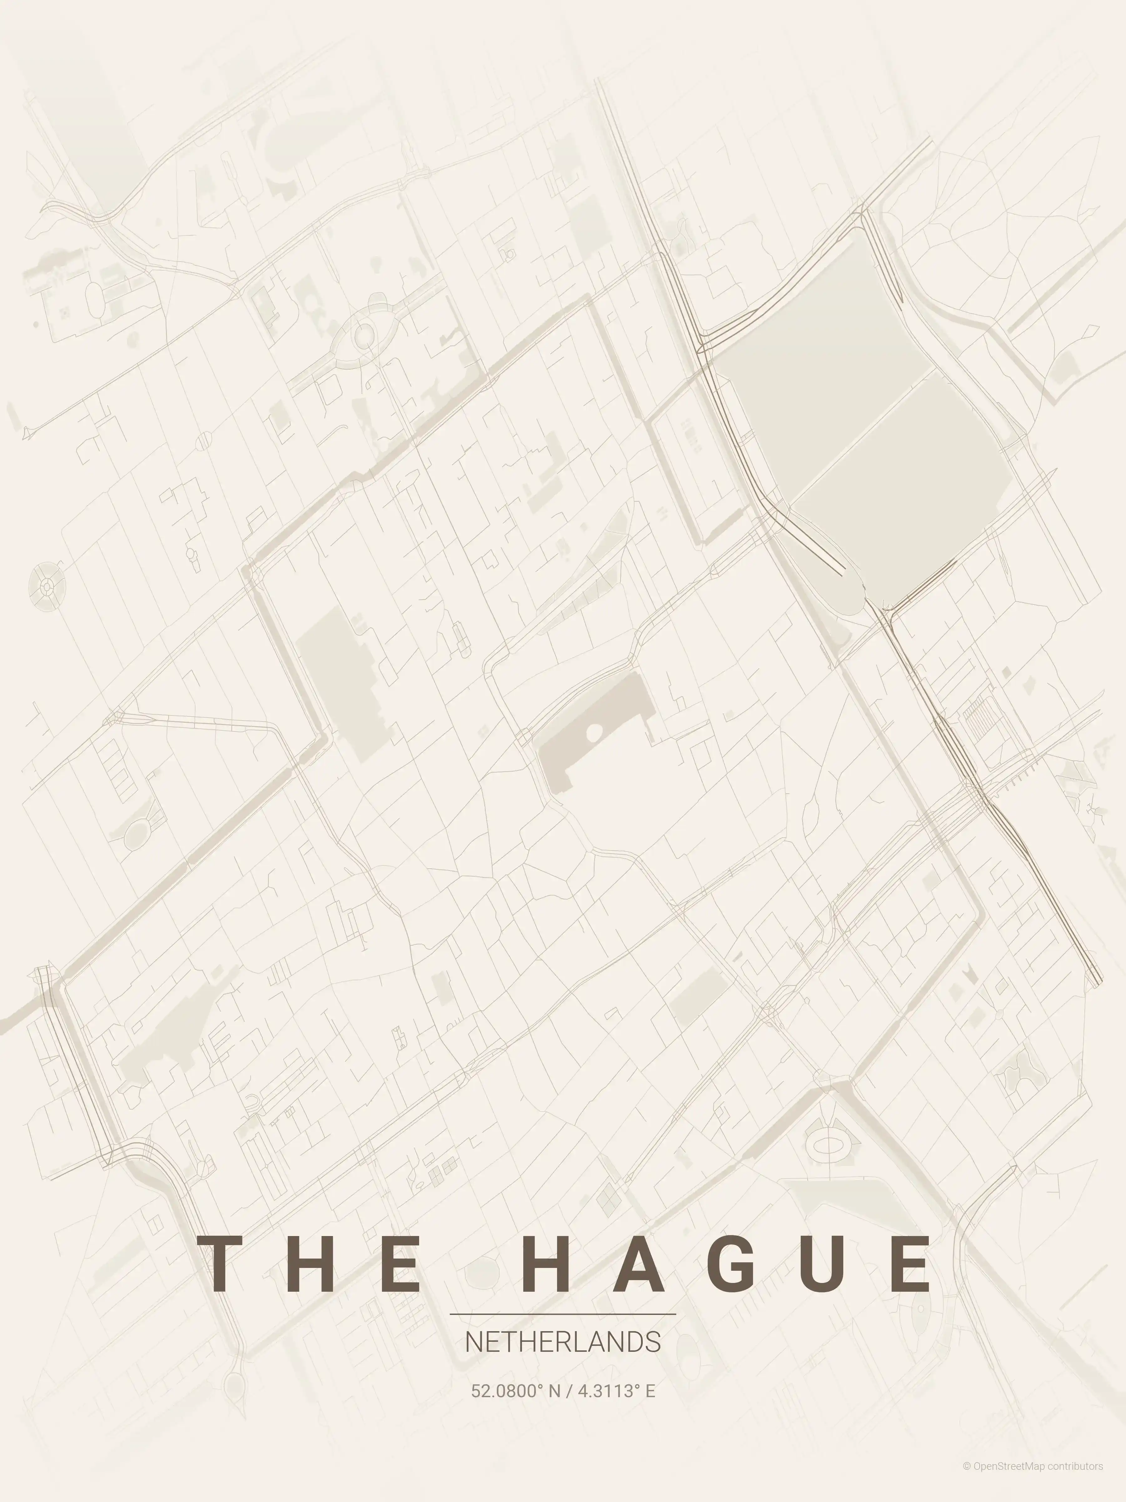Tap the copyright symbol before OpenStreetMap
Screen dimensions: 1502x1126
[966, 1479]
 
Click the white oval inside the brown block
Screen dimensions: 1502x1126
[594, 732]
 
